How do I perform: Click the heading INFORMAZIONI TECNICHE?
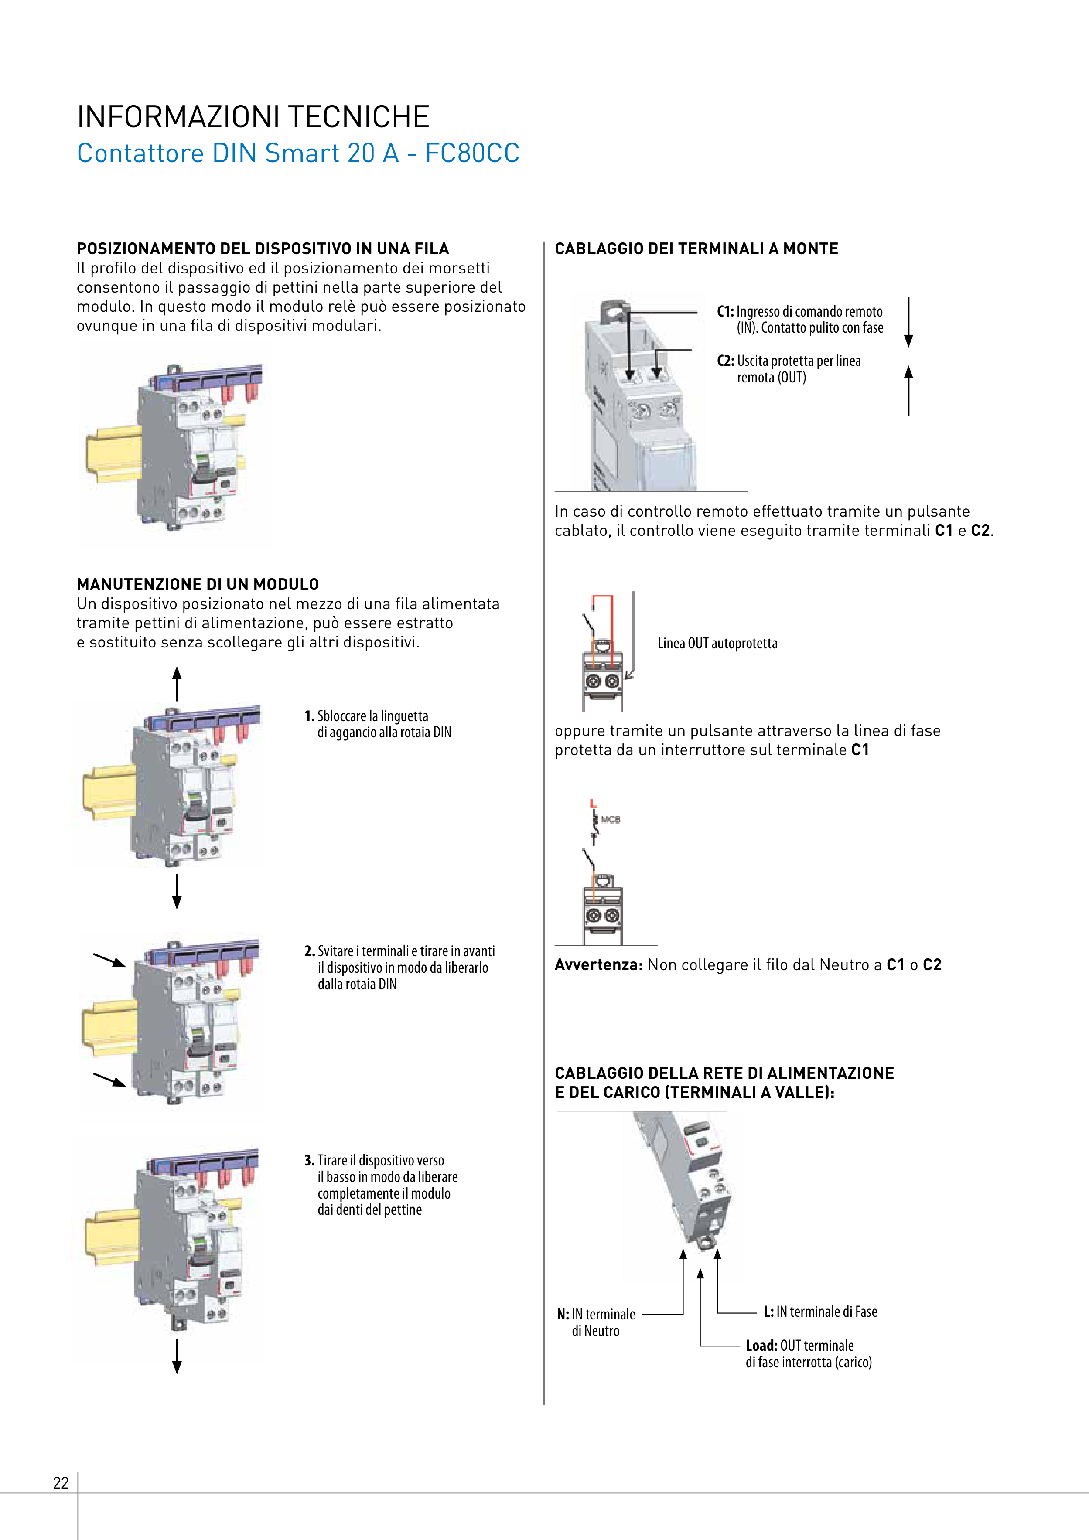[253, 117]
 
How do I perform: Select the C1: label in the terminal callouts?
[725, 311]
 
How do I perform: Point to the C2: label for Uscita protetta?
[725, 361]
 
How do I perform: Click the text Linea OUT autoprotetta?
[717, 643]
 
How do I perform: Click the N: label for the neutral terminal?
[563, 1314]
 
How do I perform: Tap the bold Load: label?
[761, 1346]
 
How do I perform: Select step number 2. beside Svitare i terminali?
[309, 951]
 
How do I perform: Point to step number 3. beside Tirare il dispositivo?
[309, 1160]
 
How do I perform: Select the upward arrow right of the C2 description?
[908, 390]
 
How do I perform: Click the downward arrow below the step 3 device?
[177, 1356]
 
